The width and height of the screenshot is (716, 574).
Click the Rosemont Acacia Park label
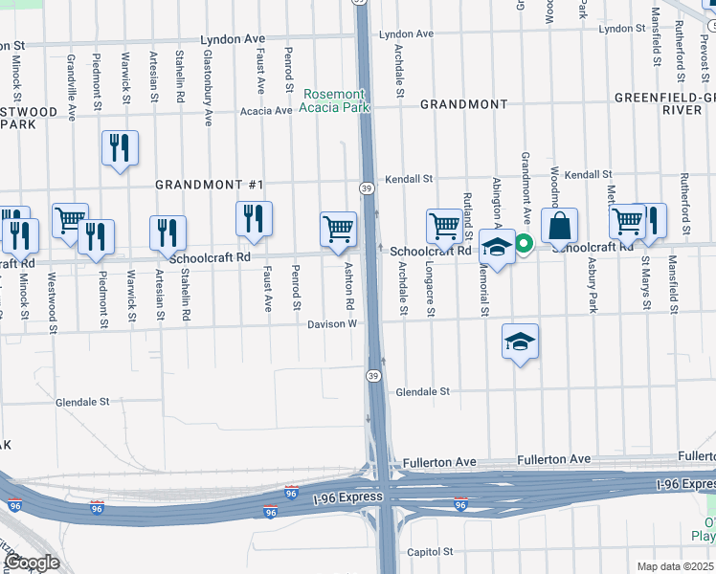(334, 100)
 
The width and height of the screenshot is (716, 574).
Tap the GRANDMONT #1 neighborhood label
(210, 183)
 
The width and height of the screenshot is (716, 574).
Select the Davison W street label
(332, 324)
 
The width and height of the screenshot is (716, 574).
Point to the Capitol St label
(429, 552)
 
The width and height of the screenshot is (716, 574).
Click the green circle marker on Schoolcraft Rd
(525, 244)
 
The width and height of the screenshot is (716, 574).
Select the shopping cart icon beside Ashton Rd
(338, 231)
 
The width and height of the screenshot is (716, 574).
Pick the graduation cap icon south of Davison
(520, 342)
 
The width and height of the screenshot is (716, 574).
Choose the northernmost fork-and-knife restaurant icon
(120, 148)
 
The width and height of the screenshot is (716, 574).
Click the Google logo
(33, 563)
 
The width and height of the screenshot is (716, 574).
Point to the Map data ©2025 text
(675, 566)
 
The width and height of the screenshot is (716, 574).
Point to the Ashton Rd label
(350, 285)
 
